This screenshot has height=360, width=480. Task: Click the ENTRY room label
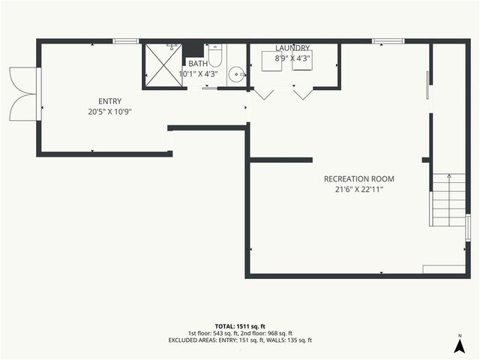109,101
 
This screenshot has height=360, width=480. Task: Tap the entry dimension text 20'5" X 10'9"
109,112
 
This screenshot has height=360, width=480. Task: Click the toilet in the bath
215,56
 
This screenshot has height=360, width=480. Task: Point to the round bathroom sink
236,74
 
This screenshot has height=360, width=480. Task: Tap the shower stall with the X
163,65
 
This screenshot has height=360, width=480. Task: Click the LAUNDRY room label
292,48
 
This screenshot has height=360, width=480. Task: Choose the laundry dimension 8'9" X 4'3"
292,57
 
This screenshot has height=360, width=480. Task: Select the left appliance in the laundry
271,61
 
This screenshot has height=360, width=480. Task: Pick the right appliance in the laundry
303,61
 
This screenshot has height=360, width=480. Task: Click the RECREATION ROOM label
358,179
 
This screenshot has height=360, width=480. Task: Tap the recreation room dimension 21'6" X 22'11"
358,190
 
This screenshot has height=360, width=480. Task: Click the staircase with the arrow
448,199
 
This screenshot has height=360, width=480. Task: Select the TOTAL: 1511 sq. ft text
240,326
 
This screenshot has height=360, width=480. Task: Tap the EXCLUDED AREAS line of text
240,340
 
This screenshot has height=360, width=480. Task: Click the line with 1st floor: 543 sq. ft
240,333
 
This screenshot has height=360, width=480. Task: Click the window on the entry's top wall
126,40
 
